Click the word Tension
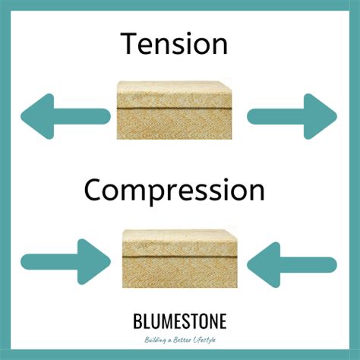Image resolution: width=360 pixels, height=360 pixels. [x=174, y=43]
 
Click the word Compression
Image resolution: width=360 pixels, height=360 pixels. [x=175, y=191]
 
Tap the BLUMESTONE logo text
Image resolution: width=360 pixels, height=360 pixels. [x=180, y=321]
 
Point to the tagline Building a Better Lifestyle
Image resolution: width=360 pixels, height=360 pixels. [x=180, y=339]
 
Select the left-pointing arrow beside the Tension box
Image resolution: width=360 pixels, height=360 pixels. [x=65, y=116]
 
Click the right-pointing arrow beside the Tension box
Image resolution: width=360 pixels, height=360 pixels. [x=292, y=116]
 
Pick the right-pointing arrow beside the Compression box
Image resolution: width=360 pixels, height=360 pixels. [x=65, y=261]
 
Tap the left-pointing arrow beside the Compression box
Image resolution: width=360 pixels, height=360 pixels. [x=292, y=265]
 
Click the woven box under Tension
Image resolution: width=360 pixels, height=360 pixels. [x=174, y=110]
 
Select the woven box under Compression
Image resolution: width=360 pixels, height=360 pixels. [x=180, y=258]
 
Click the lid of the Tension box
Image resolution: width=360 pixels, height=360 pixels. [x=174, y=95]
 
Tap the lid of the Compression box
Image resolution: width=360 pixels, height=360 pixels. [x=180, y=243]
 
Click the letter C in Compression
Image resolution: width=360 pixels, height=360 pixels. [x=93, y=190]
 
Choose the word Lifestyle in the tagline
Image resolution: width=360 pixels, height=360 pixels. [x=204, y=340]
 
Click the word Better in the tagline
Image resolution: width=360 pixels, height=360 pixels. [x=182, y=339]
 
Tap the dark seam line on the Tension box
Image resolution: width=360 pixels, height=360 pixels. [x=174, y=109]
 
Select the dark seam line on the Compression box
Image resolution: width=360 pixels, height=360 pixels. [x=180, y=257]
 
